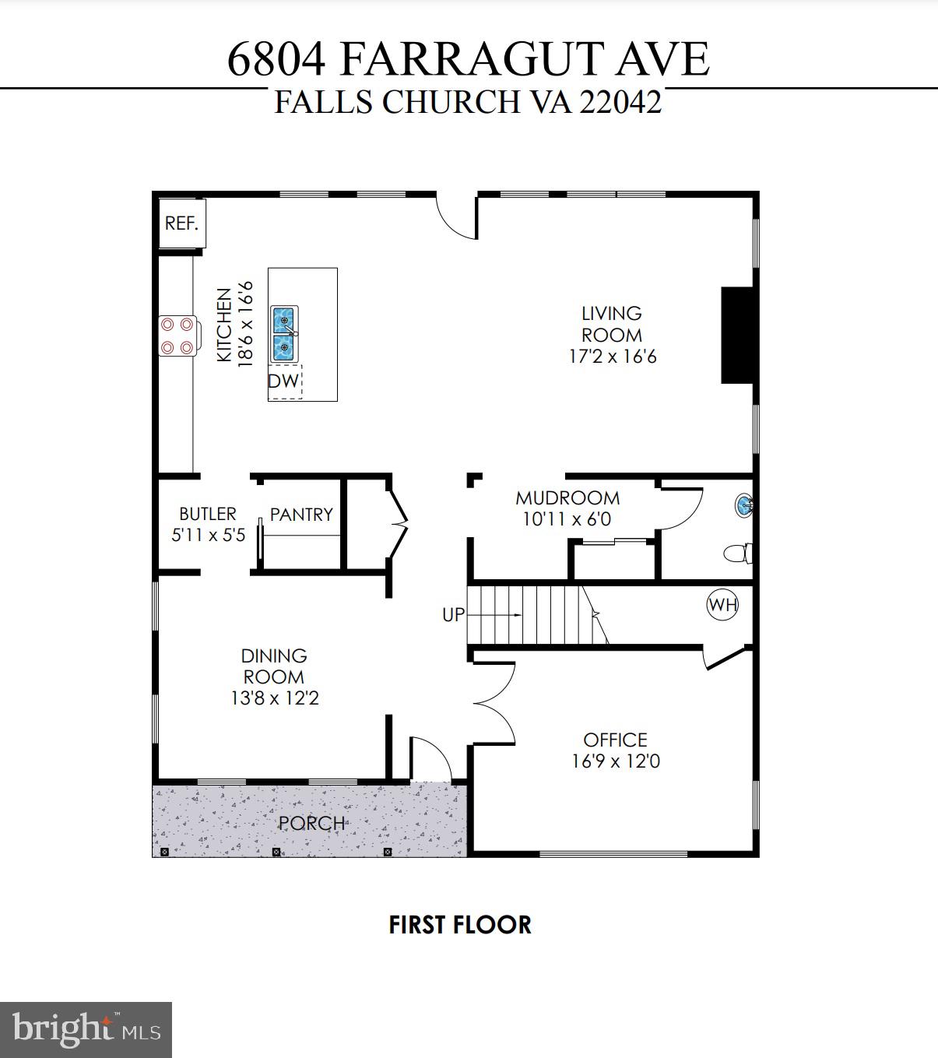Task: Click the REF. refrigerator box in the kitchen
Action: (x=181, y=223)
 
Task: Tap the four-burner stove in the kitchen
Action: (x=177, y=336)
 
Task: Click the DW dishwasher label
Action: (x=283, y=381)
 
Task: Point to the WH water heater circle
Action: (x=722, y=605)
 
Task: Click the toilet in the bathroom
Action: (x=736, y=554)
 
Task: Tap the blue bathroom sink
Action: (x=743, y=506)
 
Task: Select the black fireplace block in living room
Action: (x=739, y=335)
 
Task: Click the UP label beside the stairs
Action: (x=453, y=615)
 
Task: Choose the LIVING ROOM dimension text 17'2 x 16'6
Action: (x=613, y=357)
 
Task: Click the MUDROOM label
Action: (x=567, y=498)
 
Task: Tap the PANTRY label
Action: (x=301, y=515)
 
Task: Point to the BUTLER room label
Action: (x=208, y=514)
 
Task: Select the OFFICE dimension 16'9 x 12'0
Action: (x=616, y=761)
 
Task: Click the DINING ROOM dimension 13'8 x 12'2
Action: (x=275, y=698)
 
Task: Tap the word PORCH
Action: (x=312, y=823)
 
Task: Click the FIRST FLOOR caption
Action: (x=460, y=925)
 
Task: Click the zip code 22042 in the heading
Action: (x=620, y=102)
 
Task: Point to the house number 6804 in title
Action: (x=276, y=59)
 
